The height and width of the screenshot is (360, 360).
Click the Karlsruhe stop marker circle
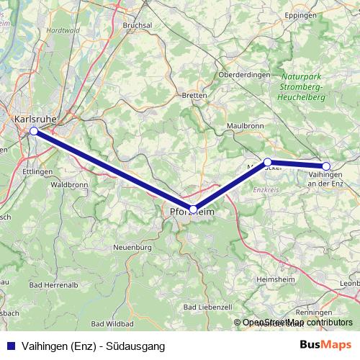pos(34,131)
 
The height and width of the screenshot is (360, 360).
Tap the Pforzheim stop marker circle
pos(193,209)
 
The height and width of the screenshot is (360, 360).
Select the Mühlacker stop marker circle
pos(267,162)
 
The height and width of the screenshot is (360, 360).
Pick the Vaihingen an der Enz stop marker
pos(326,166)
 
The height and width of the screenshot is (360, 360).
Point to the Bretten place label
pos(194,94)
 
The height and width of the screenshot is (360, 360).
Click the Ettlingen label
pos(38,172)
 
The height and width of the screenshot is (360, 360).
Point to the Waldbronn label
pos(70,185)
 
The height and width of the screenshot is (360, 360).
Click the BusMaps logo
pos(325,346)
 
